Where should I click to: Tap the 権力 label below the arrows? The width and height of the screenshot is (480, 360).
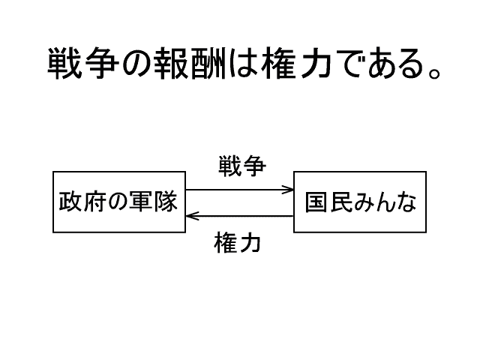point(238,244)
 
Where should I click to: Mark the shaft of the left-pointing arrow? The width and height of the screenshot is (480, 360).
point(240,216)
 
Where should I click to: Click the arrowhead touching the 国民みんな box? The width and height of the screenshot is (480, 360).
point(289,190)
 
